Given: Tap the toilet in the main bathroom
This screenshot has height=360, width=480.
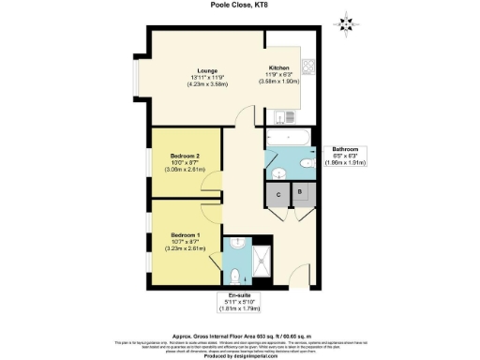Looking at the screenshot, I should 308,164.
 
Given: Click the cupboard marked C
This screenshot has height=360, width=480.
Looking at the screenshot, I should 278,194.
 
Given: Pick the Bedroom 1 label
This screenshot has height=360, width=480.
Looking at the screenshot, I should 184,239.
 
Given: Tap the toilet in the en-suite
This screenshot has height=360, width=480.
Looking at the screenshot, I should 235,277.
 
